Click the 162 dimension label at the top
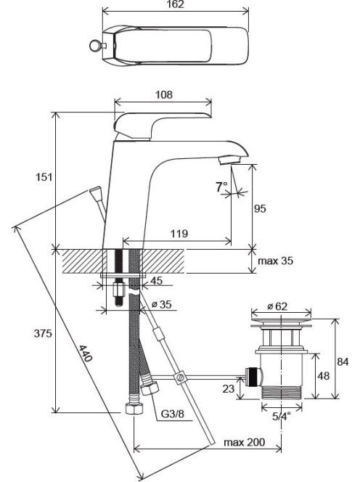(176, 4)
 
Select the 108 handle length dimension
(164, 94)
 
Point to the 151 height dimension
(44, 177)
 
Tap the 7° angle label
(221, 187)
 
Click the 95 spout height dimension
(260, 209)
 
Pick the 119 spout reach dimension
(179, 233)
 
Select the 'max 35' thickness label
(275, 261)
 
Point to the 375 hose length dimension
(43, 333)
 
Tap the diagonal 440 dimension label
(86, 354)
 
